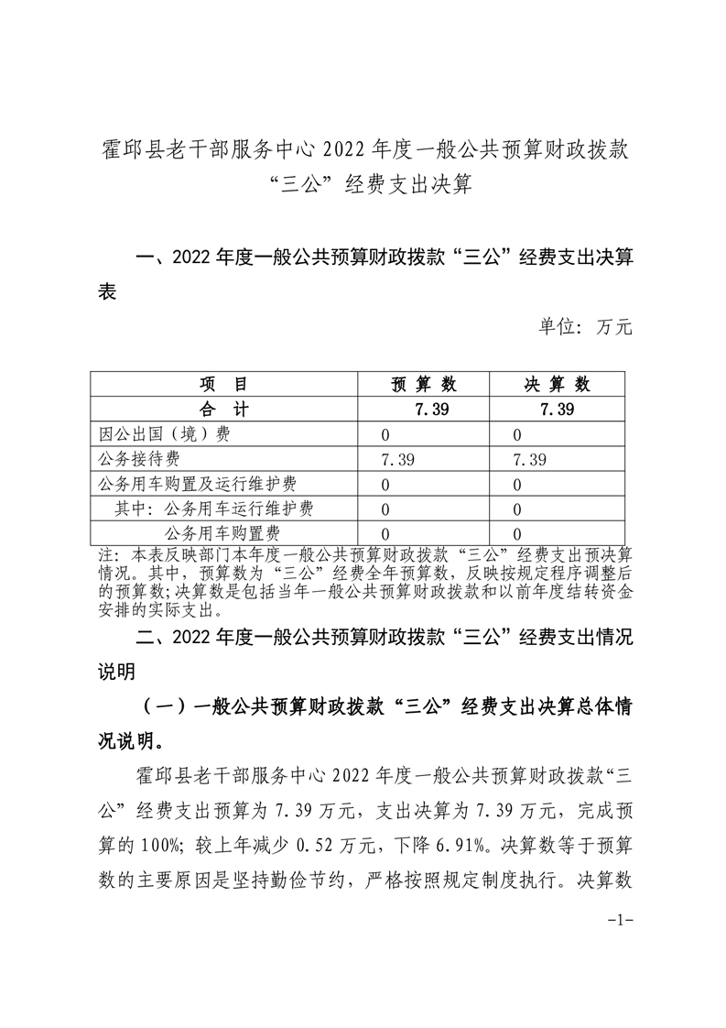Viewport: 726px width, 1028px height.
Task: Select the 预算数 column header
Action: click(424, 384)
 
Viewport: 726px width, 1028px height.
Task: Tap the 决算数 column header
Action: click(557, 384)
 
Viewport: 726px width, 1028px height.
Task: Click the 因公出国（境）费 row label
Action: click(163, 434)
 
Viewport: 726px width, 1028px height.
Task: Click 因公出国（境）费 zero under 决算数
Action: click(517, 434)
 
